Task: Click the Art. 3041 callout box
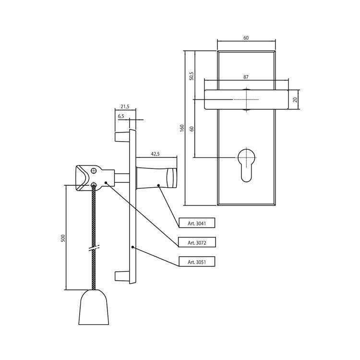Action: point(197,223)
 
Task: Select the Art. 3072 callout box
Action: point(197,242)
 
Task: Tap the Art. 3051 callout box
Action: point(197,262)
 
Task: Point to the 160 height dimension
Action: point(182,128)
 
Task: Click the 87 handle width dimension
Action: point(246,77)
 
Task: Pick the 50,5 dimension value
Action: point(192,76)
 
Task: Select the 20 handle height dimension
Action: point(295,100)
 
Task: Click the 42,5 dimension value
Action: point(155,154)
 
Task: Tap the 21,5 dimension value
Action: point(125,107)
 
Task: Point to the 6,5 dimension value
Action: point(121,116)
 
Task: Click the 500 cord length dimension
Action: point(63,238)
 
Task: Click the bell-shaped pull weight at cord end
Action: point(94,307)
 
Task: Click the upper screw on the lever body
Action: point(94,170)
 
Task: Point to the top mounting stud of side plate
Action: point(121,137)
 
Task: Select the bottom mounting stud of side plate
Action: point(121,276)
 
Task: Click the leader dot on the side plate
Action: point(132,247)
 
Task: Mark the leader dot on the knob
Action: point(158,185)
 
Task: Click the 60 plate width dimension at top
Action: point(246,38)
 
